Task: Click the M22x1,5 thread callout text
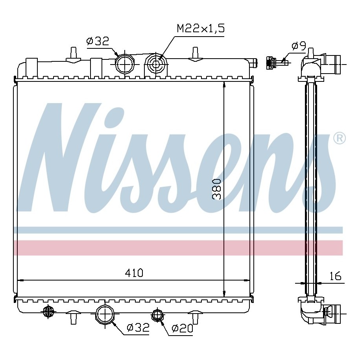pyautogui.click(x=200, y=28)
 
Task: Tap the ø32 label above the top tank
pyautogui.click(x=97, y=41)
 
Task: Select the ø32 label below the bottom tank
pyautogui.click(x=138, y=327)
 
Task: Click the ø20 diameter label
pyautogui.click(x=182, y=329)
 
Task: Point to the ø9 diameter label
pyautogui.click(x=299, y=46)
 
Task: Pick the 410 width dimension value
pyautogui.click(x=134, y=273)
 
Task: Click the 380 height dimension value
pyautogui.click(x=217, y=189)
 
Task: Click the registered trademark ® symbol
pyautogui.click(x=339, y=138)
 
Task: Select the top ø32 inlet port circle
pyautogui.click(x=125, y=64)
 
